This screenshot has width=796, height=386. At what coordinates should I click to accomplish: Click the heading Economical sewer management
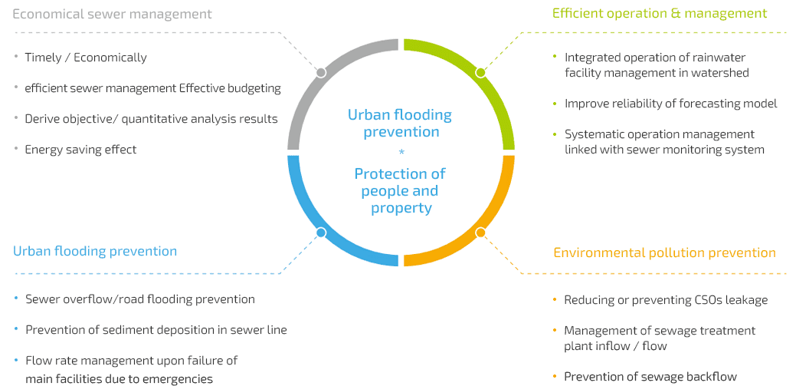click(x=112, y=14)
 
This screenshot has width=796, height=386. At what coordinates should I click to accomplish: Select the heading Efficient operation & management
click(x=660, y=13)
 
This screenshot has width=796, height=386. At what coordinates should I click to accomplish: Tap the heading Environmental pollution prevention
click(x=664, y=252)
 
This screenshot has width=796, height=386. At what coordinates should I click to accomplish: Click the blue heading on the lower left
click(x=95, y=251)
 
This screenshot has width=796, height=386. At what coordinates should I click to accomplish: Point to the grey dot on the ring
click(x=321, y=73)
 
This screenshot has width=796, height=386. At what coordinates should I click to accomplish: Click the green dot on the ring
click(x=480, y=73)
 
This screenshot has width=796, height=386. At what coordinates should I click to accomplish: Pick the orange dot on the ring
click(x=480, y=233)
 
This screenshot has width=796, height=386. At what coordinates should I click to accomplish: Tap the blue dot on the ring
click(x=321, y=233)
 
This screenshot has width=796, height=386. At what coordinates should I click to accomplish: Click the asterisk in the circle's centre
click(x=401, y=151)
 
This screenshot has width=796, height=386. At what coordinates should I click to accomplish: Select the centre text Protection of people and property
click(x=401, y=191)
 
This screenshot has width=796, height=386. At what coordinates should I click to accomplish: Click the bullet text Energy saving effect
click(x=80, y=150)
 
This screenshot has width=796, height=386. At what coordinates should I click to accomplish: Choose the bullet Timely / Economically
click(x=86, y=58)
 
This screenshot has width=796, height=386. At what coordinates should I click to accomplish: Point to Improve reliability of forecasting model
click(x=671, y=104)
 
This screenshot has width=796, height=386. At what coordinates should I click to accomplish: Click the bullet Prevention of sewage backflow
click(x=650, y=377)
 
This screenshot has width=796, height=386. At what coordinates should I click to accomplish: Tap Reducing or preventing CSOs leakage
click(x=666, y=300)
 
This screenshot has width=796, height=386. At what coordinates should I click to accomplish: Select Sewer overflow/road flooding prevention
click(x=140, y=299)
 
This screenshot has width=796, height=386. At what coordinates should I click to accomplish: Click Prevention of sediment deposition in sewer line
click(x=156, y=330)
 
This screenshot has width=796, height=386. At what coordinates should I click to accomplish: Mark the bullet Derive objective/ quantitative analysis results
click(x=151, y=119)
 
